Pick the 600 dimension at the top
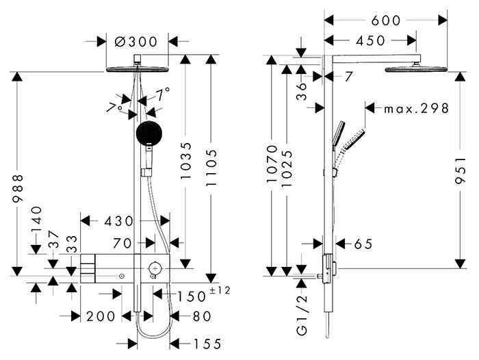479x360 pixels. pyautogui.click(x=385, y=21)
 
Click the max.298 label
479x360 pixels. pyautogui.click(x=415, y=108)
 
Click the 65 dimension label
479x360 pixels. pyautogui.click(x=363, y=244)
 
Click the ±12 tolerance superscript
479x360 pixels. pyautogui.click(x=220, y=291)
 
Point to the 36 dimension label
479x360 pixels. pyautogui.click(x=302, y=91)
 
